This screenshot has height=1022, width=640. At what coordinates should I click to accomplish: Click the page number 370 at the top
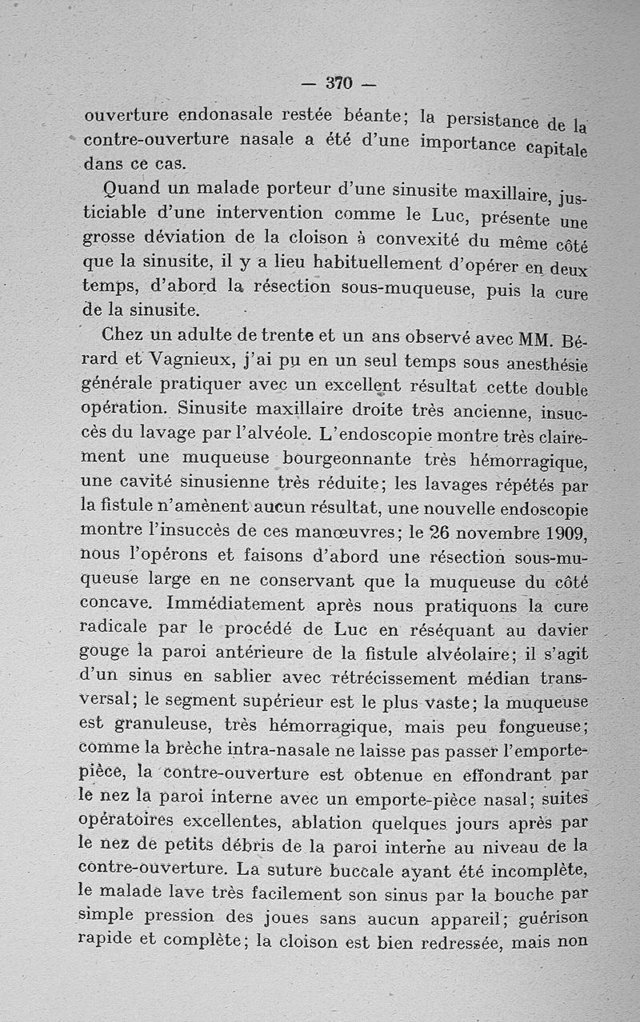(x=339, y=82)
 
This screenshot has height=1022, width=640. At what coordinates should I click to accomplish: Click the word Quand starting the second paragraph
(x=132, y=189)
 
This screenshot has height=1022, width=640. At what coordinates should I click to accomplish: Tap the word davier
(x=559, y=632)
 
